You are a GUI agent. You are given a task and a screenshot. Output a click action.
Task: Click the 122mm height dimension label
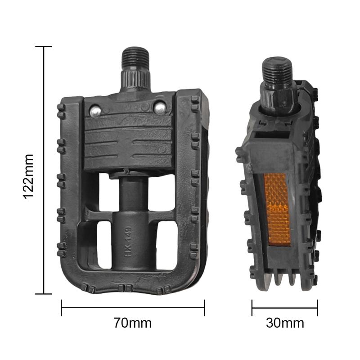click(x=28, y=176)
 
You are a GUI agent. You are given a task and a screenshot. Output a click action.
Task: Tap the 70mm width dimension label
click(x=132, y=323)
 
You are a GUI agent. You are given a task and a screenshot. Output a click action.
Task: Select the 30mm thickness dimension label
click(x=284, y=323)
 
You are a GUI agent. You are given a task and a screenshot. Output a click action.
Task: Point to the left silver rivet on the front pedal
click(x=95, y=110)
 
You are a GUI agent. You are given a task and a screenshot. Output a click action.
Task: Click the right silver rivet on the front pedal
click(x=159, y=107)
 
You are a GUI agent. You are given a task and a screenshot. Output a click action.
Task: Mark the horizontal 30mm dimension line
click(x=284, y=308)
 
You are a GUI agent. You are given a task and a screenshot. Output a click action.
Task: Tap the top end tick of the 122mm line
click(x=44, y=46)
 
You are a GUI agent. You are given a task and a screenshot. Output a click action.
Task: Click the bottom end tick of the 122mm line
click(x=44, y=294)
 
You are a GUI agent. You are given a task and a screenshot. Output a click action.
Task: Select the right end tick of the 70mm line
click(x=204, y=308)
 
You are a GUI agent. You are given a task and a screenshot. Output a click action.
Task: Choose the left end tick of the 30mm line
click(x=252, y=308)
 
